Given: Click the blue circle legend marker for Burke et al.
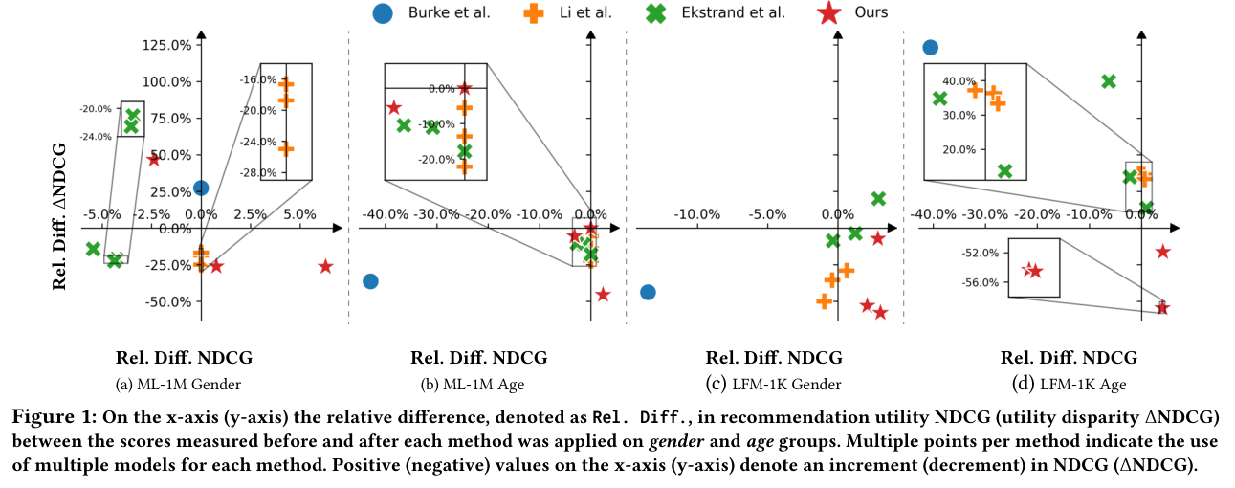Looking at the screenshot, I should tap(383, 12).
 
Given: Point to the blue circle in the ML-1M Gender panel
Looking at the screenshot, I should tap(201, 189).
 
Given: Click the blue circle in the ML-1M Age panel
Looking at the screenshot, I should tap(371, 281).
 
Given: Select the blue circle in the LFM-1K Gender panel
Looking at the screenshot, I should tap(648, 292).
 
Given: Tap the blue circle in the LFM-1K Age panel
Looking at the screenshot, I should tap(930, 47).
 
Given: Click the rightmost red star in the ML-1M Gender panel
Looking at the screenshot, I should tap(325, 266).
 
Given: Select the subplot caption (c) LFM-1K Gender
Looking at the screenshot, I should tap(774, 385).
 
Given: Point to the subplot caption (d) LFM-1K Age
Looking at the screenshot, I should tap(1069, 385).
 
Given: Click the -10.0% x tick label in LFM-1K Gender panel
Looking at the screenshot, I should tap(697, 213).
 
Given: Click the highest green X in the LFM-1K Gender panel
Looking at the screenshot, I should tap(879, 198).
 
